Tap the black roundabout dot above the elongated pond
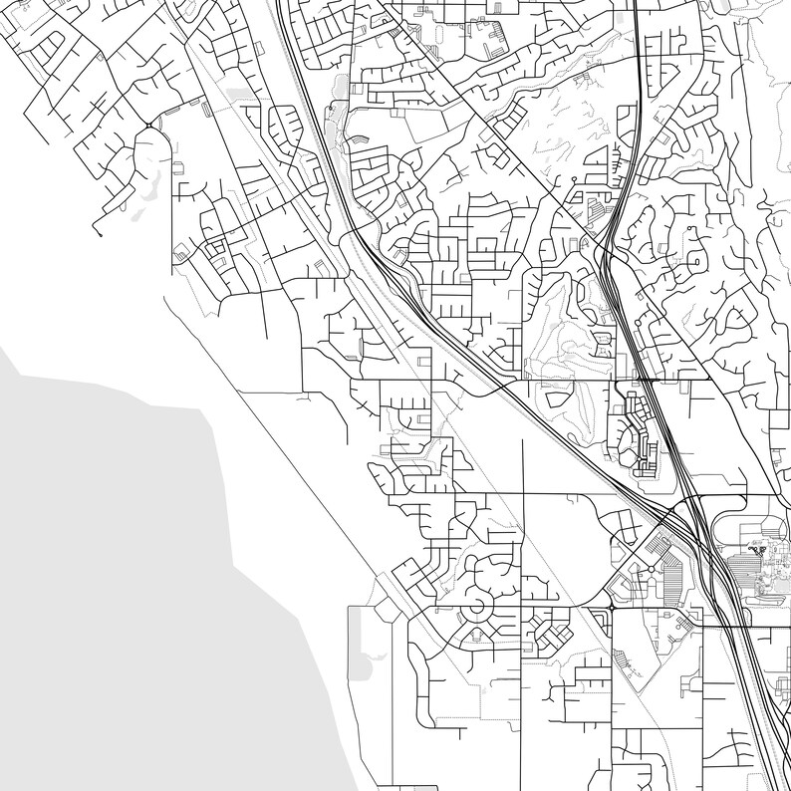148,125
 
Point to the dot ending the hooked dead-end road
99,235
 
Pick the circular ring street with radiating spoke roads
476,604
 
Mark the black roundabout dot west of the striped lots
611,606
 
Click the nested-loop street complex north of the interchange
638,438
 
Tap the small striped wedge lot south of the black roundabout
628,662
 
